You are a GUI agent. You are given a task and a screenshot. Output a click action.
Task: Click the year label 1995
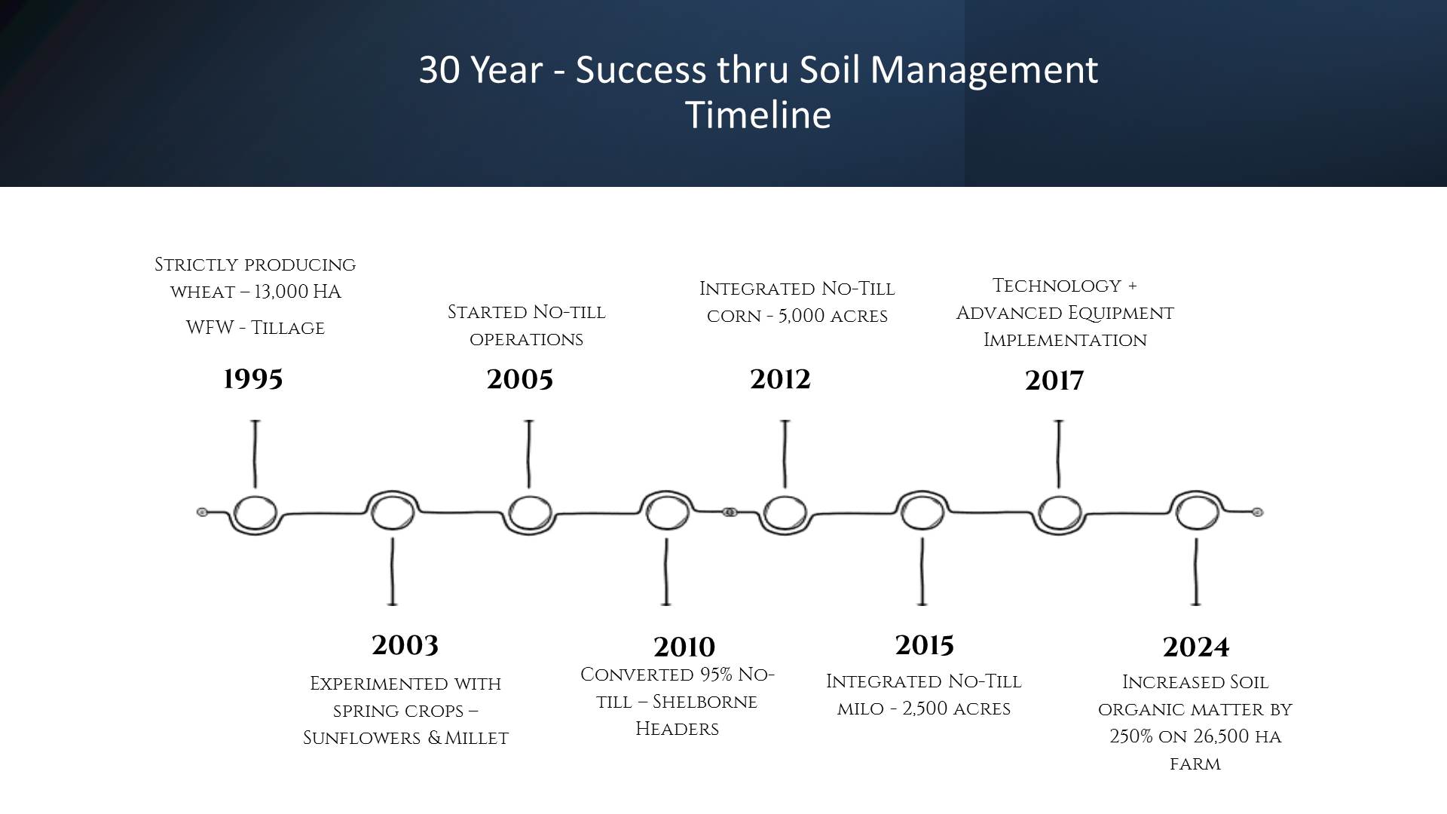(253, 379)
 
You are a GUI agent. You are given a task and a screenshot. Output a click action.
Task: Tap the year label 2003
(405, 645)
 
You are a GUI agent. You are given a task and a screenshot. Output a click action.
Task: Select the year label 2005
(520, 379)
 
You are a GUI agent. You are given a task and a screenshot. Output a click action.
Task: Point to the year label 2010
(684, 647)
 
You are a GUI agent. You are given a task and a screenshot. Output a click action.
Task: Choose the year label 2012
(780, 379)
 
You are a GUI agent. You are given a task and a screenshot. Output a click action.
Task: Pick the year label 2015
(925, 645)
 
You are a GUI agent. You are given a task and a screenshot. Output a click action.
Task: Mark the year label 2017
(1054, 381)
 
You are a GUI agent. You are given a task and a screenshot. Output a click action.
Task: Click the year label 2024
(1196, 647)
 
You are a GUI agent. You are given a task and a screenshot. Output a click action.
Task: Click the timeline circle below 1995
(255, 497)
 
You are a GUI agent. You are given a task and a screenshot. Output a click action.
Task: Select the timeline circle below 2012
(785, 497)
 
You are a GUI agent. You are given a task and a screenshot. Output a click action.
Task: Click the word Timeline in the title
(758, 115)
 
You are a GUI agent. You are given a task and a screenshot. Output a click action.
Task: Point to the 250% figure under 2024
(1131, 736)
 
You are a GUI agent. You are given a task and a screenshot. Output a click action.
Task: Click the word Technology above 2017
(1057, 286)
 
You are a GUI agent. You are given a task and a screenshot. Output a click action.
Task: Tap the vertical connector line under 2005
(529, 454)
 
